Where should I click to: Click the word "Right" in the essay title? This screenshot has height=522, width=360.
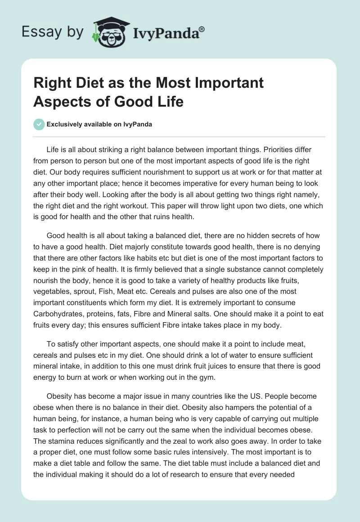coord(50,83)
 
